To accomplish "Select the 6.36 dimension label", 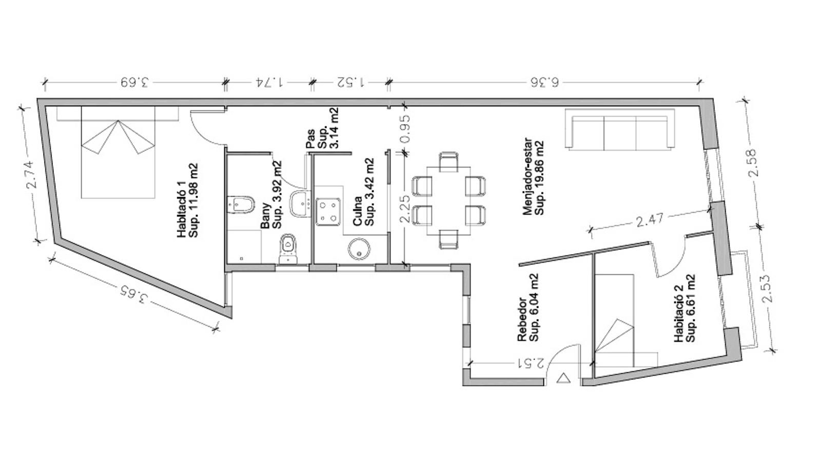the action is pyautogui.click(x=544, y=82).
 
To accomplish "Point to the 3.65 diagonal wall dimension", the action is pyautogui.click(x=134, y=295).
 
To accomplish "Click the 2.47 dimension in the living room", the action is pyautogui.click(x=650, y=220).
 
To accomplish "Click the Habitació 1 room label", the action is pyautogui.click(x=187, y=200).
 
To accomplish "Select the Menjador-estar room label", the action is pyautogui.click(x=533, y=176).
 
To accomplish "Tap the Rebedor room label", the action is pyautogui.click(x=528, y=307).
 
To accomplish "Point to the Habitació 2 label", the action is pyautogui.click(x=685, y=309).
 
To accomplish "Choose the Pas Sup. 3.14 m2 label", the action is pyautogui.click(x=322, y=128).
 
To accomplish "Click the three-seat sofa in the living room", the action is pyautogui.click(x=620, y=129).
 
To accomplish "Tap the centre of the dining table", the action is pyautogui.click(x=448, y=201).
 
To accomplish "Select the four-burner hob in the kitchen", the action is pyautogui.click(x=328, y=212).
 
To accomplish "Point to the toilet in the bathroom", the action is pyautogui.click(x=288, y=249).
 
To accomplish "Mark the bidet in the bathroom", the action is pyautogui.click(x=241, y=204).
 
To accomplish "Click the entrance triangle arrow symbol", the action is pyautogui.click(x=563, y=378).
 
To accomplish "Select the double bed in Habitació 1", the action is pyautogui.click(x=118, y=152).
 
